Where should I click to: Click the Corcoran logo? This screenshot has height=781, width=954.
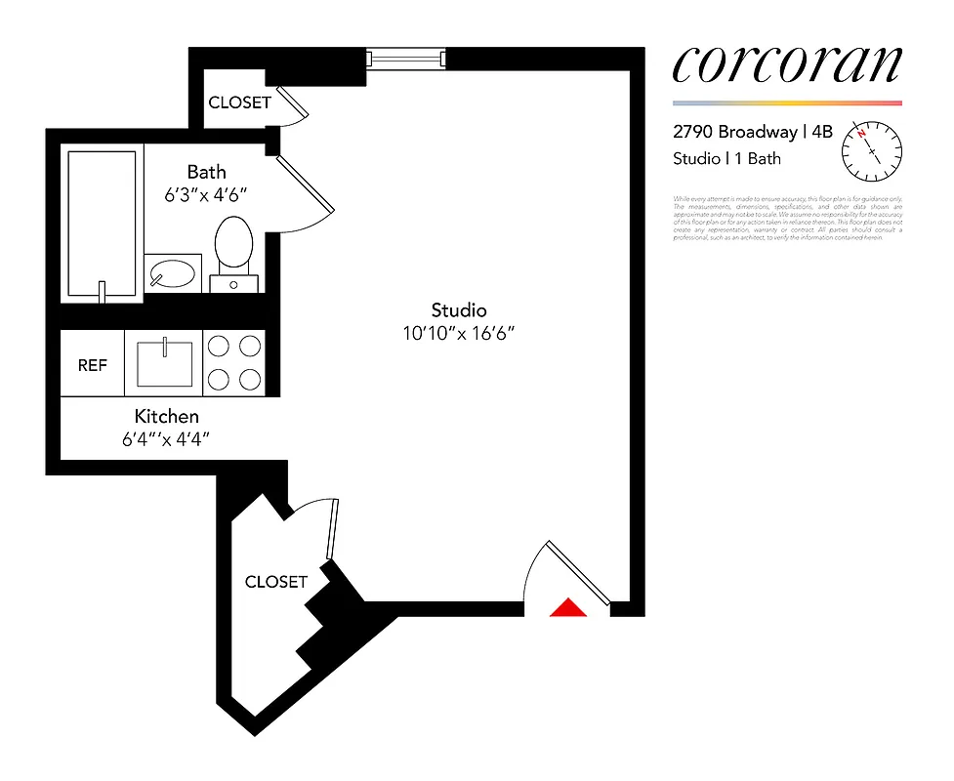786,64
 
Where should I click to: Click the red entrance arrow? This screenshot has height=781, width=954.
567,608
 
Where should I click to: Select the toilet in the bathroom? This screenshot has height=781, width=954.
233,246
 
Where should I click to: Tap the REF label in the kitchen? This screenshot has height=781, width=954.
93,365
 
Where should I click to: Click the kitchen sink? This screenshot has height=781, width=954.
164,362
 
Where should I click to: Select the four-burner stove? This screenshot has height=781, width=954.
234,362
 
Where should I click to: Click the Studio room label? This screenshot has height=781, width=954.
459,310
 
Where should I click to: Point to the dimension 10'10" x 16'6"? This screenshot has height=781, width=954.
459,333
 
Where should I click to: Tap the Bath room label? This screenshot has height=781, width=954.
206,173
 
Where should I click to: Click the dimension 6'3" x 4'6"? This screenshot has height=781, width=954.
206,194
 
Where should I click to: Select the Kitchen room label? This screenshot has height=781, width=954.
167,417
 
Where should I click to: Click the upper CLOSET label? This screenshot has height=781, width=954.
239,103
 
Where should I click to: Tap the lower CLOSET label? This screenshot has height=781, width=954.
276,582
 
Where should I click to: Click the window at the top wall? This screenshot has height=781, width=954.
406,60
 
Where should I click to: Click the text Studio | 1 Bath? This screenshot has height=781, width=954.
726,158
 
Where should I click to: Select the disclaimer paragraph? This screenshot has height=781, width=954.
788,219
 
